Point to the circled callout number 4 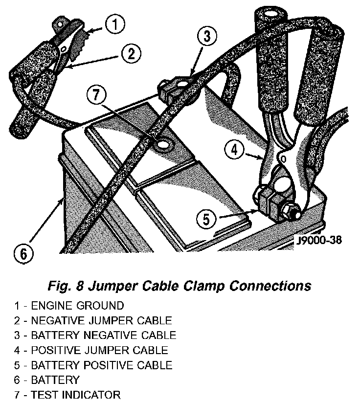(235, 150)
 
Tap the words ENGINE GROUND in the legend (77, 306)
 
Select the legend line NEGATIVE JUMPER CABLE (101, 321)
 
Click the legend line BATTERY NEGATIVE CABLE (103, 336)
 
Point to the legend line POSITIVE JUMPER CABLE (99, 350)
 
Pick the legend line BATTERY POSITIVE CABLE (101, 365)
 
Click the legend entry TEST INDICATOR (75, 394)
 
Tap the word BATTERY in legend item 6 (55, 380)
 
